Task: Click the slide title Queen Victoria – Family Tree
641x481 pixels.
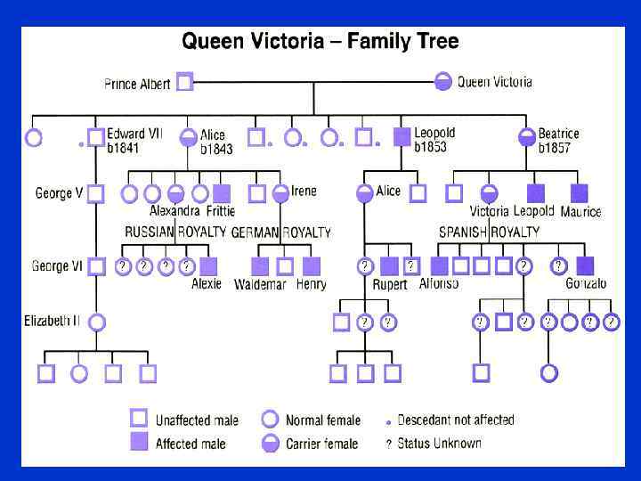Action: pyautogui.click(x=320, y=42)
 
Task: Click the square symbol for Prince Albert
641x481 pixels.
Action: pyautogui.click(x=184, y=83)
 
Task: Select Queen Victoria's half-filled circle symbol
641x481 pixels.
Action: pyautogui.click(x=442, y=83)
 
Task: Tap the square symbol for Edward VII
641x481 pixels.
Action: pyautogui.click(x=96, y=138)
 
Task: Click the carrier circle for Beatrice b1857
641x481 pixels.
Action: pyautogui.click(x=527, y=137)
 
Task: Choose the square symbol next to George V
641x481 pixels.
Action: pyautogui.click(x=96, y=192)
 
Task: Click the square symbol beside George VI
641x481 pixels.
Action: pyautogui.click(x=96, y=265)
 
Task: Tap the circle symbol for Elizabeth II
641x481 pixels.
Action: pyautogui.click(x=96, y=322)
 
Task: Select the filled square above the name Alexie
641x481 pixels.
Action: pyautogui.click(x=208, y=265)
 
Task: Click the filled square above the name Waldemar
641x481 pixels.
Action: pyautogui.click(x=260, y=265)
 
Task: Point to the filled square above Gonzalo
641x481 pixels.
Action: pyautogui.click(x=585, y=265)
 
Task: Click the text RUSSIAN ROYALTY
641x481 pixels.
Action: pyautogui.click(x=175, y=232)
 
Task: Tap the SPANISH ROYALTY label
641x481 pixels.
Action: pyautogui.click(x=490, y=232)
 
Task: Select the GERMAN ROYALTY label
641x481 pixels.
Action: pyautogui.click(x=280, y=232)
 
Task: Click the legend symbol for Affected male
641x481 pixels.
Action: pyautogui.click(x=138, y=443)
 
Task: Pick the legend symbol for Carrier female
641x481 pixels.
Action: pyautogui.click(x=270, y=443)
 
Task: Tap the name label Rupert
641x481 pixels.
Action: pyautogui.click(x=388, y=285)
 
